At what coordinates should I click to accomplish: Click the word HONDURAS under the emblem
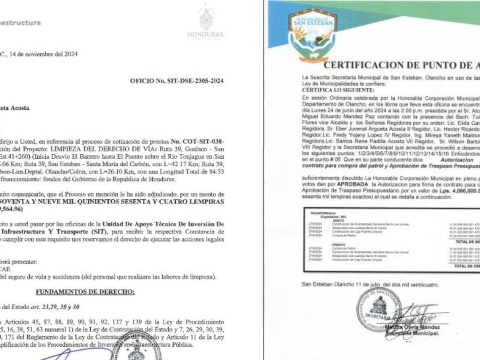click(x=206, y=34)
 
